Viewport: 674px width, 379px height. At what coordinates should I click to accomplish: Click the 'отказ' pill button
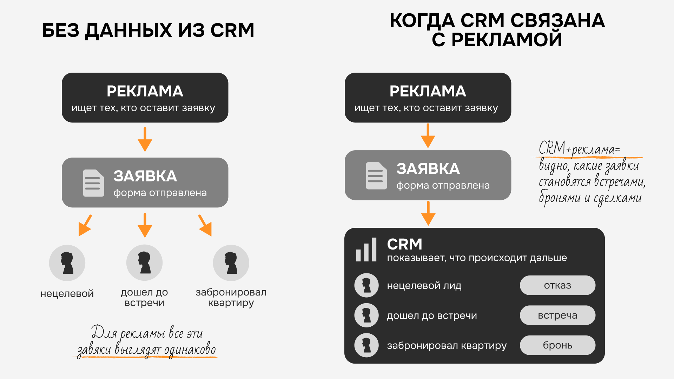557,285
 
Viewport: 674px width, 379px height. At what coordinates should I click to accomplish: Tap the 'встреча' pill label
557,315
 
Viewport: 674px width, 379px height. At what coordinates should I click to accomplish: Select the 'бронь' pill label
557,345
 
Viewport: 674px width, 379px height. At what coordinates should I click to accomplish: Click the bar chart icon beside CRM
366,250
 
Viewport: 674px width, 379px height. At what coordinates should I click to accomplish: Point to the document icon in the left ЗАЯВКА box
93,183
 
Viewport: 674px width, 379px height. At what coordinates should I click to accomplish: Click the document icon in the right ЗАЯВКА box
376,176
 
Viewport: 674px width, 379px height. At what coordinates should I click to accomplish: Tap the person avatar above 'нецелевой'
67,263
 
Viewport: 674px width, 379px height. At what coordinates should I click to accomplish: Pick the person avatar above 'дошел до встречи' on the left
144,262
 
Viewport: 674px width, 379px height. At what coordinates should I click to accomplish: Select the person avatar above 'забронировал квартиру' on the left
231,263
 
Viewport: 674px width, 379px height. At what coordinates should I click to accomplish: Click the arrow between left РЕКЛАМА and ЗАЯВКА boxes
145,139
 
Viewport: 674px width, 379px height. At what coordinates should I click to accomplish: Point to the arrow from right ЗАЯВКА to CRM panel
428,213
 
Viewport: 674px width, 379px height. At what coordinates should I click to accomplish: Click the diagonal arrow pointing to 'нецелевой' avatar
85,225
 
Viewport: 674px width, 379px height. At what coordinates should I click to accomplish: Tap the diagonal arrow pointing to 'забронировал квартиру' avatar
205,225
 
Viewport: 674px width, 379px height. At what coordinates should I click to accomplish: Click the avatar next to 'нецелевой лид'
366,285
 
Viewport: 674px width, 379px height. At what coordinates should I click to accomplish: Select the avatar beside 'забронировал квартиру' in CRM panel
366,345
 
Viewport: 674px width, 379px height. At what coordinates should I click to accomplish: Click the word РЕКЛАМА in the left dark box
145,91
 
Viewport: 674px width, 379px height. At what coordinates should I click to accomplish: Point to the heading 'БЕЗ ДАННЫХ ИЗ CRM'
148,30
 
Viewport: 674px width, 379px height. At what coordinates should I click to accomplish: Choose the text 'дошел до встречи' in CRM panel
432,315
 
